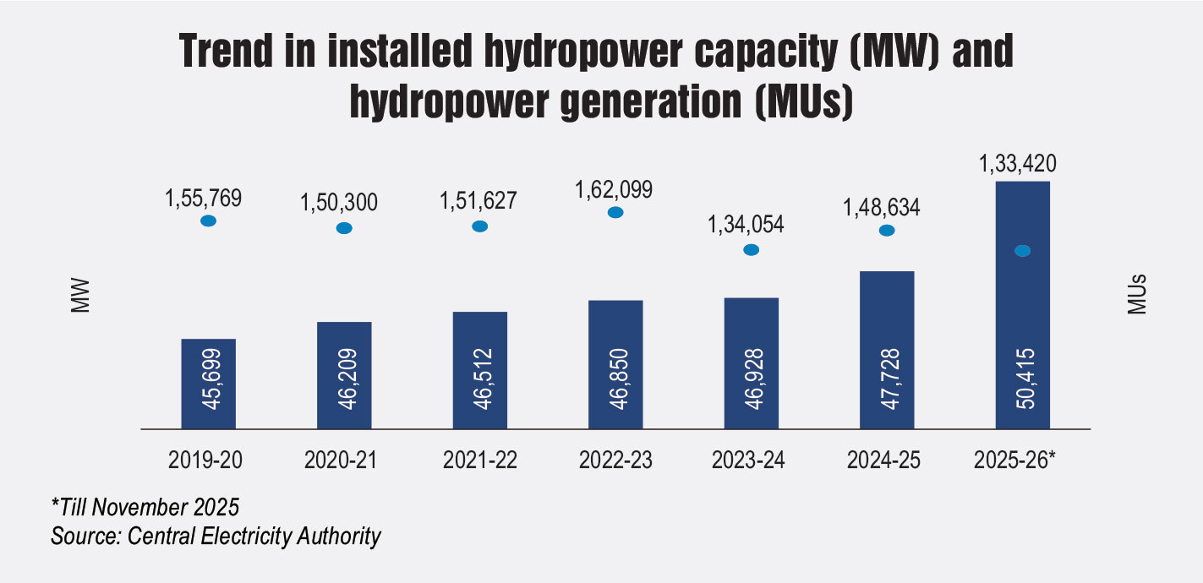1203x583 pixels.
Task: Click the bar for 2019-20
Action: coord(208,384)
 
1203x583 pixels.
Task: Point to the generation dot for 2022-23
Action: coord(615,212)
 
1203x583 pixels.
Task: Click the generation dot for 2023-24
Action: coord(751,249)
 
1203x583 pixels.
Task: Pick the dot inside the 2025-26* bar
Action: coord(1022,251)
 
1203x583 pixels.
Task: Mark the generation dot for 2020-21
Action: coord(344,228)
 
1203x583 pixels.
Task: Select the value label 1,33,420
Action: coord(1021,162)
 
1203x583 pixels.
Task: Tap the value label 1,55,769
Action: coord(208,199)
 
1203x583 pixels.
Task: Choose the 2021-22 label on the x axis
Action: coord(479,460)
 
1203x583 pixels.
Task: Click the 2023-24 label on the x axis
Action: coord(751,460)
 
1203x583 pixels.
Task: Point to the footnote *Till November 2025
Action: coord(145,509)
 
